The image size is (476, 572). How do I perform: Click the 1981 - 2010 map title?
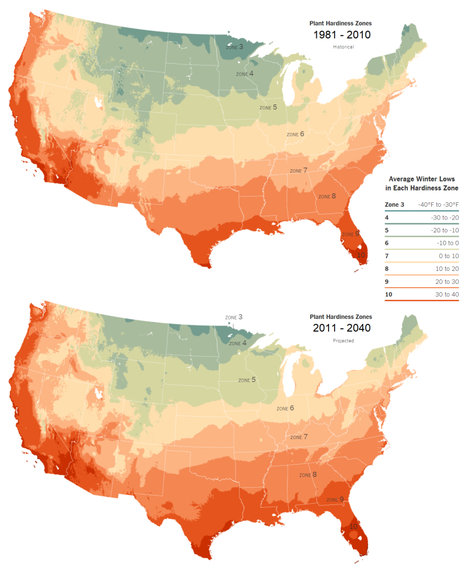pyautogui.click(x=340, y=35)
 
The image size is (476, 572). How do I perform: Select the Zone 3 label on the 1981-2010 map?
pyautogui.click(x=234, y=47)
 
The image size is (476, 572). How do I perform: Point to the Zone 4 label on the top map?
pyautogui.click(x=245, y=74)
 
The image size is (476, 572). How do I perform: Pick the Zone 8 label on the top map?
pyautogui.click(x=327, y=196)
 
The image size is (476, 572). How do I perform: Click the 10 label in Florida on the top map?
pyautogui.click(x=361, y=255)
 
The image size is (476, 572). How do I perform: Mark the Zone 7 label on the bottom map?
pyautogui.click(x=298, y=437)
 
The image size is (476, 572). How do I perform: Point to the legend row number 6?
pyautogui.click(x=387, y=243)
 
